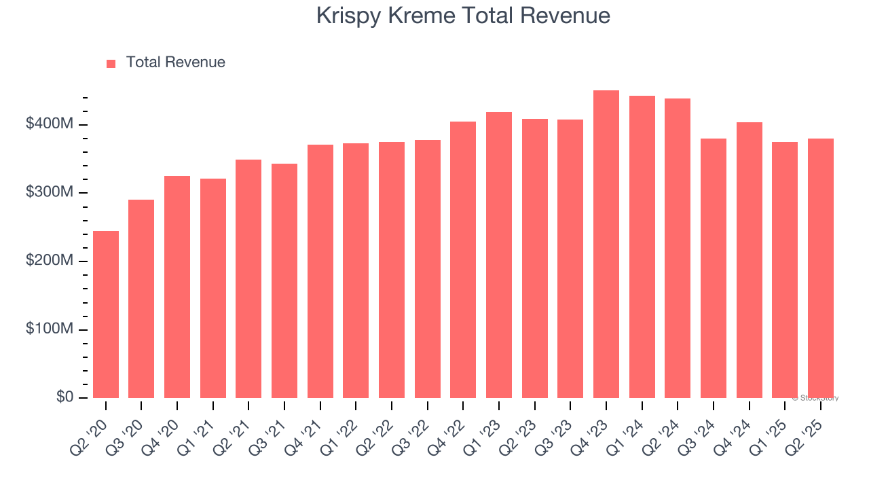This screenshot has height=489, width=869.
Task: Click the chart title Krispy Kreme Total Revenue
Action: point(463,16)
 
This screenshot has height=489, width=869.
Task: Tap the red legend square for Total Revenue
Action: point(111,63)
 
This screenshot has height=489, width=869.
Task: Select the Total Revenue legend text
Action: point(175,62)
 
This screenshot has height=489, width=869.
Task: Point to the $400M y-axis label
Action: point(50,124)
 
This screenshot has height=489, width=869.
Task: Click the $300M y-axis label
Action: point(50,193)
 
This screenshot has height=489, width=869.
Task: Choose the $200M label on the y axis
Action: point(50,261)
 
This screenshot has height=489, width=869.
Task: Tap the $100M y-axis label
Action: point(50,329)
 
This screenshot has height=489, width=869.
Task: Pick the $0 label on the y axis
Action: point(65,397)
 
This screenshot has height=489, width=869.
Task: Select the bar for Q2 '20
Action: point(106,314)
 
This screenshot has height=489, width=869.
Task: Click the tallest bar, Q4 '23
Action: point(606,244)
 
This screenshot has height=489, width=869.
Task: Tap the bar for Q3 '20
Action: point(141,299)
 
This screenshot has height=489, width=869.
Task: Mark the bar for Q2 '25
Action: point(821,268)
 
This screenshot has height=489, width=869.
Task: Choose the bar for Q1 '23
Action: point(499,255)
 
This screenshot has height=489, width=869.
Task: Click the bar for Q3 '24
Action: point(714,268)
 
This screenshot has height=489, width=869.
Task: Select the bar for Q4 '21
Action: point(320,272)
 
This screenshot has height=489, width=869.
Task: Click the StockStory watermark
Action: point(815,398)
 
